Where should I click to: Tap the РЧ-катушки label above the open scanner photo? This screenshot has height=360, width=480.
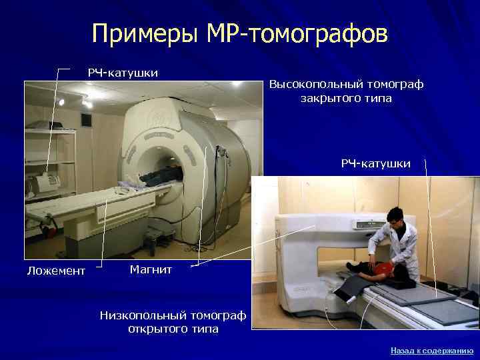click(376, 163)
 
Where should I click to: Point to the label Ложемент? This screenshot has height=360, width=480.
click(56, 270)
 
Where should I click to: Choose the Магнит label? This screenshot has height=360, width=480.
click(151, 269)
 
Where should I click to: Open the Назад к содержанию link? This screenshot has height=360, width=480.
click(431, 350)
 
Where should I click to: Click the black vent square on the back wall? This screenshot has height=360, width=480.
click(85, 120)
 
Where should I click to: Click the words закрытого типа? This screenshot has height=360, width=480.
click(345, 99)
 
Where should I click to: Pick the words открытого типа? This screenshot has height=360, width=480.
click(173, 329)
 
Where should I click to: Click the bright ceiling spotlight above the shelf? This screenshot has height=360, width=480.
click(61, 102)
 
